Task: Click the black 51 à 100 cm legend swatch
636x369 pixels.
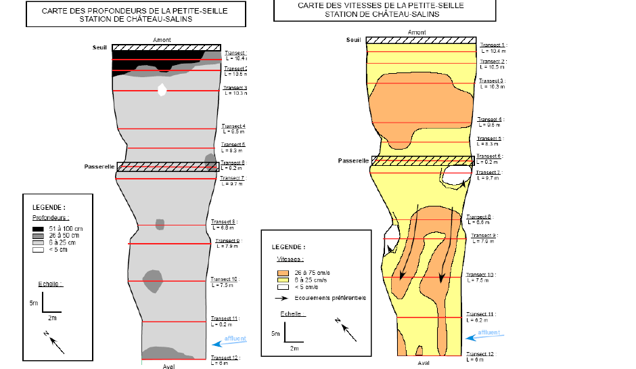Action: [38, 229]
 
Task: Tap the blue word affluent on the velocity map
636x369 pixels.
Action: [489, 332]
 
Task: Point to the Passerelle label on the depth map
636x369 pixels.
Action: [99, 167]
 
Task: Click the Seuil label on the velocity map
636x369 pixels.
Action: [354, 40]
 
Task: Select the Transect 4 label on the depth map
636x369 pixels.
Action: [234, 127]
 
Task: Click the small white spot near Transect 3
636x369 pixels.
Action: [162, 90]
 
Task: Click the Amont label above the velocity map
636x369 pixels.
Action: [417, 32]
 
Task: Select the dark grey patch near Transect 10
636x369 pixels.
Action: [153, 280]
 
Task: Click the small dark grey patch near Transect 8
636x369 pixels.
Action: [160, 224]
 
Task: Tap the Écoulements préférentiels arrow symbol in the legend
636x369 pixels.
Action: [283, 297]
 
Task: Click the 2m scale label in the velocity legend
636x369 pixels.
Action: [294, 348]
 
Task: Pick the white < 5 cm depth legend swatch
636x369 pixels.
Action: [38, 249]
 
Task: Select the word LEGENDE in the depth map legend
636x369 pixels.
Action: [49, 207]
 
